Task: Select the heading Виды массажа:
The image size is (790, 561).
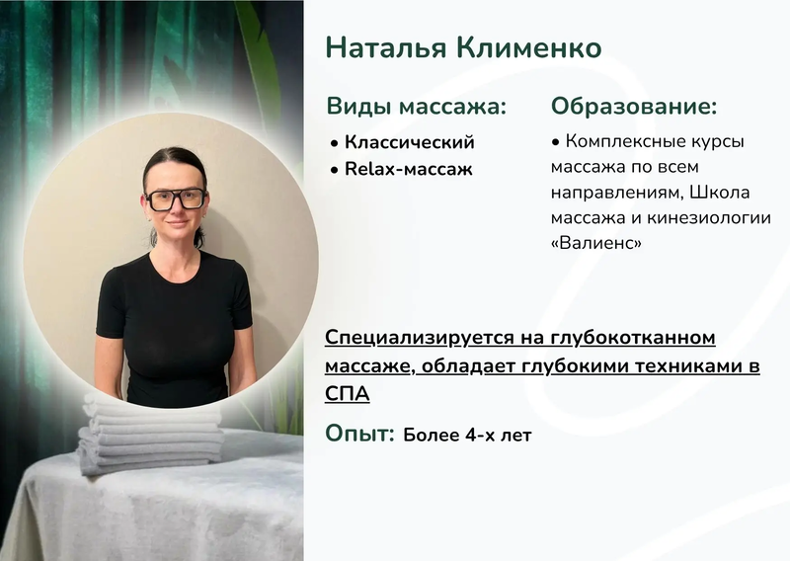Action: [x=416, y=107]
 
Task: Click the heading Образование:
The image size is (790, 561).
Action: [x=634, y=107]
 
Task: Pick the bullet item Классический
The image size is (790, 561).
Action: [x=409, y=142]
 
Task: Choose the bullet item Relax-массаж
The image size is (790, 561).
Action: [x=408, y=169]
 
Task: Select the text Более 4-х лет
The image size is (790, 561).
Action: [x=467, y=435]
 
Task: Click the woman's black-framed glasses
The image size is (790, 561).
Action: [x=176, y=199]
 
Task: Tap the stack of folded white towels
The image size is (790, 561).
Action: [x=148, y=435]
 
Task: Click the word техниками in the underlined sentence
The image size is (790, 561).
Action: [x=690, y=366]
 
